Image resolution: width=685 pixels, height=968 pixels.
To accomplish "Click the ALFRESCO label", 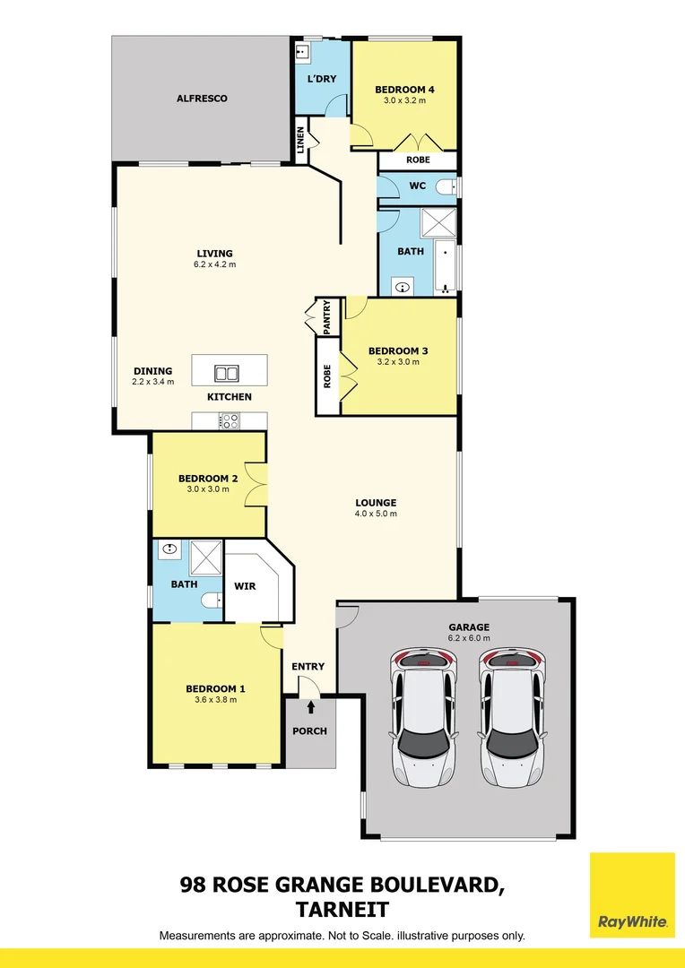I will (x=202, y=98).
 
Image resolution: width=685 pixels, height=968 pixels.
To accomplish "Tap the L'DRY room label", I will (x=322, y=79).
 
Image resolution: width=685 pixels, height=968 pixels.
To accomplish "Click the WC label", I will (x=417, y=186).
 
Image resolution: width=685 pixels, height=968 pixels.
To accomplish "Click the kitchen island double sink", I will (x=227, y=373).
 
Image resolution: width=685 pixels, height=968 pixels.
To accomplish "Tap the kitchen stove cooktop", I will (x=230, y=419).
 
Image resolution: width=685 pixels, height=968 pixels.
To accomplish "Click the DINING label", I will (x=152, y=371).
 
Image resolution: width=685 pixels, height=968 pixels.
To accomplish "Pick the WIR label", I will (x=245, y=585).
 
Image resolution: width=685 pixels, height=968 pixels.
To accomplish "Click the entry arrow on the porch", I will (x=310, y=707).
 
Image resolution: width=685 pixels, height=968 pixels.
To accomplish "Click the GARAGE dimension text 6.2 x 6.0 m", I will (x=469, y=638).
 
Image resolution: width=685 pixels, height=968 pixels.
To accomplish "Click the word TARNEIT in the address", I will (x=342, y=910).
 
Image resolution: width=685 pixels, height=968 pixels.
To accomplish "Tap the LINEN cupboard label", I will (x=301, y=141).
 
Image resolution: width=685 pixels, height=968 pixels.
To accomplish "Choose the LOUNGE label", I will (x=376, y=503).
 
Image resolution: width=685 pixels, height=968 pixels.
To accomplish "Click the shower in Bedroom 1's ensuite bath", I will (x=205, y=558).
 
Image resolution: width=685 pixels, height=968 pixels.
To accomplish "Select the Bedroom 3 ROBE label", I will (x=328, y=376).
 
